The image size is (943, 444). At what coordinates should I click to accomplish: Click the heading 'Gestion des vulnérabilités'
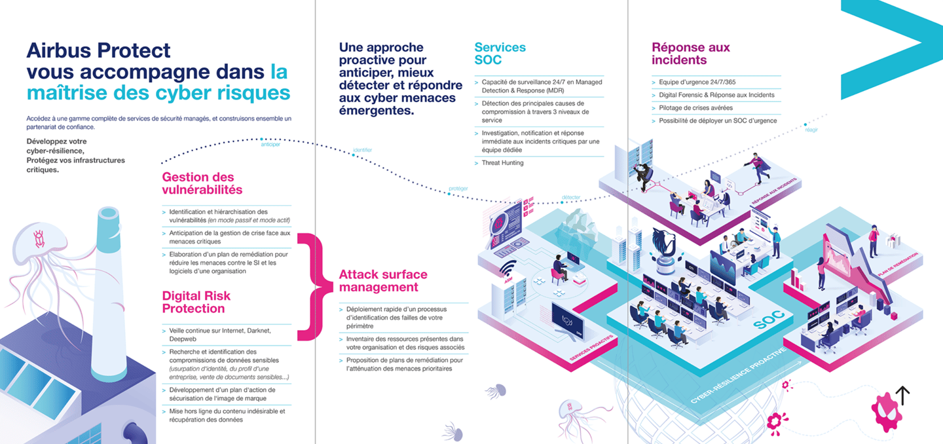coord(202,183)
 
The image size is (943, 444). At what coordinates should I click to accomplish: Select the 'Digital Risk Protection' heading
coord(196,302)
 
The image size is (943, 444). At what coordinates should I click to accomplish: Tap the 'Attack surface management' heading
coord(382,281)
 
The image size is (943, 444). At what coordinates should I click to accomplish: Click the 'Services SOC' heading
coord(500,54)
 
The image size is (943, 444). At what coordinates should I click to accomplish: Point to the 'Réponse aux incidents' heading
coord(690,54)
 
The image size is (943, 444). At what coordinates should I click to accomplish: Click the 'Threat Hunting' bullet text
coord(502,163)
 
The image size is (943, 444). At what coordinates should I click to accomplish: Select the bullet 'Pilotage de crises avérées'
coord(695,107)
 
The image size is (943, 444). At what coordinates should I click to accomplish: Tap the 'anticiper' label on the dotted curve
coord(270,144)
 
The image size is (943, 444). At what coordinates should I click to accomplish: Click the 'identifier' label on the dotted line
coord(362,150)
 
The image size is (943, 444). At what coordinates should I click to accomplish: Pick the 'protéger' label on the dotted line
coord(458,189)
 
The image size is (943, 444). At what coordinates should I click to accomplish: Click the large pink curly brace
coord(311,286)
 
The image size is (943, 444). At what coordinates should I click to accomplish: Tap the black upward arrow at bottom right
coord(902,395)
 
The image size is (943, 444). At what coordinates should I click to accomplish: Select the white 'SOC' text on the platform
coord(768,321)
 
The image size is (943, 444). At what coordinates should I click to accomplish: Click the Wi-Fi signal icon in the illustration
coord(508,268)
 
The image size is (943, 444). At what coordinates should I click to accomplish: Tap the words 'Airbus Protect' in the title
coord(98,50)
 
